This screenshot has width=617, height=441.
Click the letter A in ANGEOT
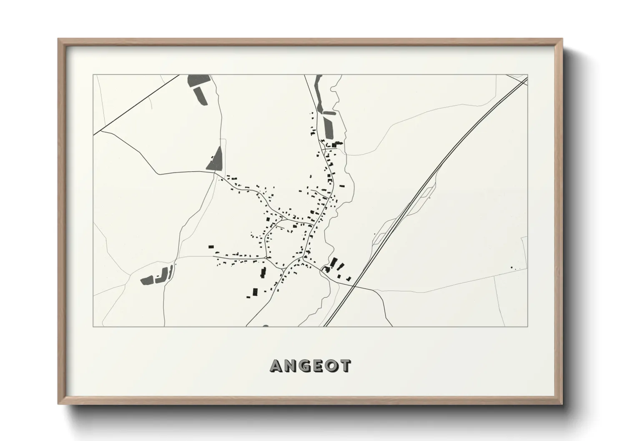tap(277, 366)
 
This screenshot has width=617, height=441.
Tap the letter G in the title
tap(305, 366)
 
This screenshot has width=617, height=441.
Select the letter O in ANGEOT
tap(332, 366)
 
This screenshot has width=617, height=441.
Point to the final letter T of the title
tap(345, 366)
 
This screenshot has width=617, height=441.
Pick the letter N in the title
tap(291, 366)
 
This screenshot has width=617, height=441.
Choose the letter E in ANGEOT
tap(319, 366)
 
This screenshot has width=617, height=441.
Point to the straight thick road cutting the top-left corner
tap(138, 104)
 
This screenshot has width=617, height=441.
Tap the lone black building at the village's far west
tap(211, 247)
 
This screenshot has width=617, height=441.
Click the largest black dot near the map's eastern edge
tap(512, 267)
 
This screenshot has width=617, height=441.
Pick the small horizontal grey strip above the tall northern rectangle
tap(329, 113)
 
